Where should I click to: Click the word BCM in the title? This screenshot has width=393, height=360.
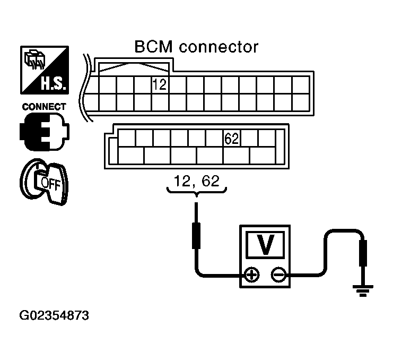tap(153, 47)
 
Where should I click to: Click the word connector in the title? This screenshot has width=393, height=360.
tap(218, 47)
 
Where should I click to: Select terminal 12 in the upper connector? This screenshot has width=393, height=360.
tap(159, 84)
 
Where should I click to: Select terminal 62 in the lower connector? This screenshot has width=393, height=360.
tap(232, 139)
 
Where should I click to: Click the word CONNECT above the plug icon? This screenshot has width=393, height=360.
tap(44, 107)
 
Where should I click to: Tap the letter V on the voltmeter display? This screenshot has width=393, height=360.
tap(265, 244)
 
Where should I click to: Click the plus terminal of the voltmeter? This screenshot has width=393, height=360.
tap(251, 275)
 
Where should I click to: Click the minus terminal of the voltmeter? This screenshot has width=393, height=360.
tap(278, 275)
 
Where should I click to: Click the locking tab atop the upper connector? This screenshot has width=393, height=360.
tap(132, 67)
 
